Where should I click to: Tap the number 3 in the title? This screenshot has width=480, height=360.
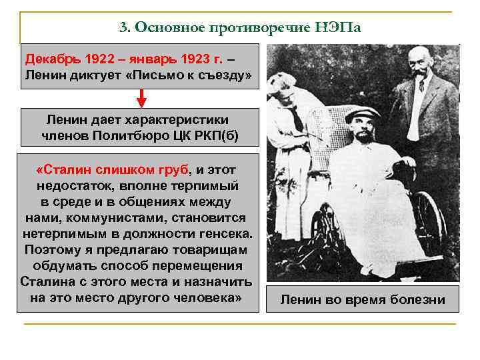(123, 29)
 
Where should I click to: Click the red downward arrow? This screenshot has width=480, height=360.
(141, 99)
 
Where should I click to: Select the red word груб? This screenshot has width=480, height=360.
(175, 169)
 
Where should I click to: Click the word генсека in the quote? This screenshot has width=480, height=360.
(225, 234)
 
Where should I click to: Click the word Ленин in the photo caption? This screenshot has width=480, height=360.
(300, 300)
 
